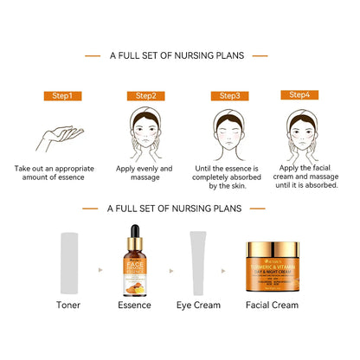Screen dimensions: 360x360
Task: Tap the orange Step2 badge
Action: pyautogui.click(x=145, y=96)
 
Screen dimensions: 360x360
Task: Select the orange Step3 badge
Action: pyautogui.click(x=230, y=96)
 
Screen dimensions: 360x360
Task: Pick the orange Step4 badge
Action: pyautogui.click(x=299, y=94)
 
